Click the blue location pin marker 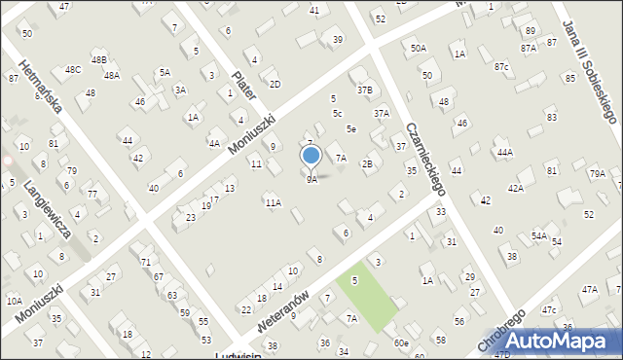click(x=311, y=157)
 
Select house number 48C click(x=73, y=70)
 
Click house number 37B click(x=364, y=90)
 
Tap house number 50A click(x=418, y=48)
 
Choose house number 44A click(x=504, y=153)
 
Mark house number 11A click(x=274, y=202)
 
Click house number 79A click(x=597, y=173)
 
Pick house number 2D click(x=275, y=84)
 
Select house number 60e click(x=401, y=343)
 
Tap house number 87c click(x=500, y=66)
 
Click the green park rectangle click(x=367, y=293)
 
